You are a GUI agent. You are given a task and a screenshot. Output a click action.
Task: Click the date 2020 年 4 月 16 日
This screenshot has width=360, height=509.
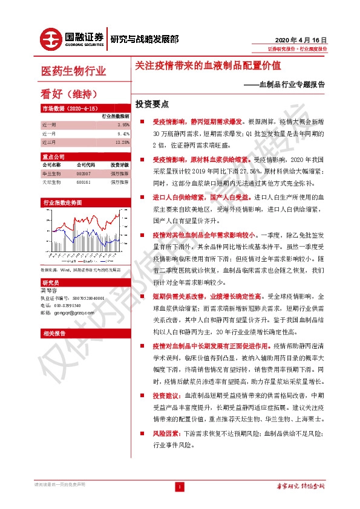(x=301, y=37)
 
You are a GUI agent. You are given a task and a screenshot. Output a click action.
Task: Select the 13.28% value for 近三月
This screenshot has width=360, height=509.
(x=122, y=142)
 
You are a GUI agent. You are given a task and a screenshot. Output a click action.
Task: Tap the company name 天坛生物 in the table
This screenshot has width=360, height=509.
(x=50, y=181)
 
